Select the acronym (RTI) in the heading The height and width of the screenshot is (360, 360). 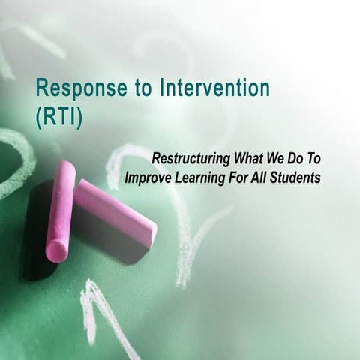[x=55, y=115]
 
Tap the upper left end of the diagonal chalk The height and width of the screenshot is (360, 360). [x=82, y=187]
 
